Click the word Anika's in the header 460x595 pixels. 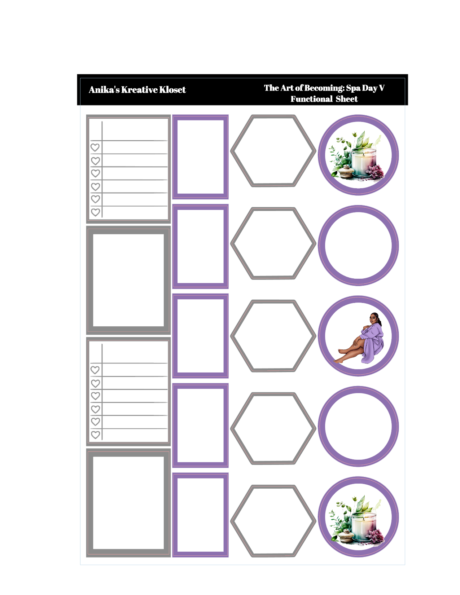[104, 89]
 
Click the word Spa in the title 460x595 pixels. [353, 88]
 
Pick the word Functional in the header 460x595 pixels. [311, 99]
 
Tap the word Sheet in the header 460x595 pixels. [347, 99]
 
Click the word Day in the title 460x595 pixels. [369, 88]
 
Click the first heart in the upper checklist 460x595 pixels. [95, 147]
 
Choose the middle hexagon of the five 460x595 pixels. [273, 336]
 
